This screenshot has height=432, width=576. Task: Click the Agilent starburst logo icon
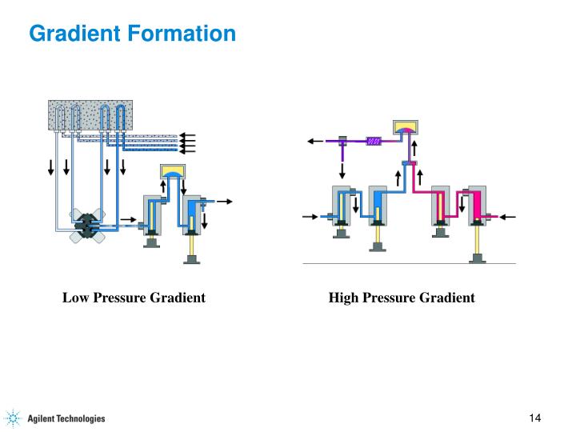pos(14,418)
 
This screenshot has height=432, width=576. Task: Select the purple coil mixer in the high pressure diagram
pos(374,142)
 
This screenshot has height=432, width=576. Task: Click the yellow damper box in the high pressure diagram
pos(406,126)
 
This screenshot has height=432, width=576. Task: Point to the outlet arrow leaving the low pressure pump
pos(225,202)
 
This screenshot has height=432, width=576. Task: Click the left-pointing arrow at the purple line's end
pos(313,142)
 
